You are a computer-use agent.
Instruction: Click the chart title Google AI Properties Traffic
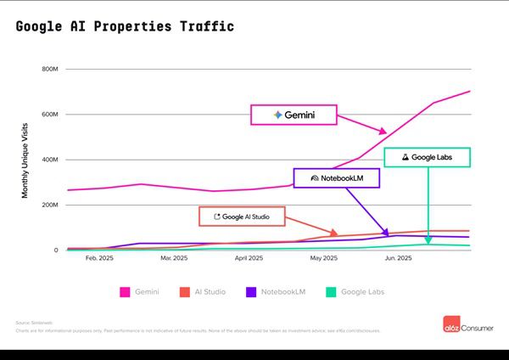[x=125, y=27]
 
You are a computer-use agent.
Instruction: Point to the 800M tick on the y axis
[x=49, y=69]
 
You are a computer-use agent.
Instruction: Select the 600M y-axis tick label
[x=49, y=115]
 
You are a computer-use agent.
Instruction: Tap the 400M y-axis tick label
[x=49, y=160]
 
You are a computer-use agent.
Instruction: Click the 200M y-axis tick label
[x=49, y=205]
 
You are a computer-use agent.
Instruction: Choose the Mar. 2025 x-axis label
[x=173, y=257]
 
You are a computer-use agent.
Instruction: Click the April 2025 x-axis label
[x=249, y=257]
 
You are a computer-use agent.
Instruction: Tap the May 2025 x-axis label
[x=323, y=257]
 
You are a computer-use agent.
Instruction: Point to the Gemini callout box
[x=294, y=115]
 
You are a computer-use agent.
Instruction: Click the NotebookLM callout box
[x=336, y=178]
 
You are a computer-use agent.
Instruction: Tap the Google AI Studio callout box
[x=241, y=217]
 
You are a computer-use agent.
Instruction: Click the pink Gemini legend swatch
[x=125, y=292]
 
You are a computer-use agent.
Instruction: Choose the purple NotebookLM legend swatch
[x=252, y=292]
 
